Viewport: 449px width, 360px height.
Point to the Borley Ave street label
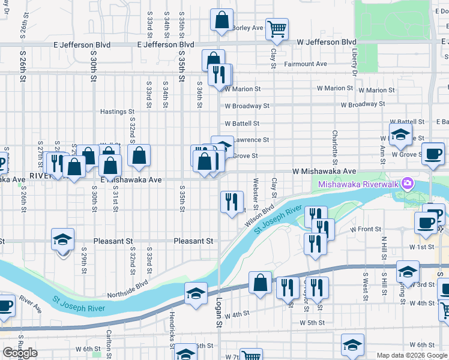(x=247, y=28)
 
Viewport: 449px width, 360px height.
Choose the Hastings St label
(x=116, y=112)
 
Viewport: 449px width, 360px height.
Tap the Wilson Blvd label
(x=259, y=216)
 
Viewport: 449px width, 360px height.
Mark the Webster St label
(x=256, y=190)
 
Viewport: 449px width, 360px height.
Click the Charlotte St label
(x=335, y=147)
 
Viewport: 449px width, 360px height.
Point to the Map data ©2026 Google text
(x=412, y=355)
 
